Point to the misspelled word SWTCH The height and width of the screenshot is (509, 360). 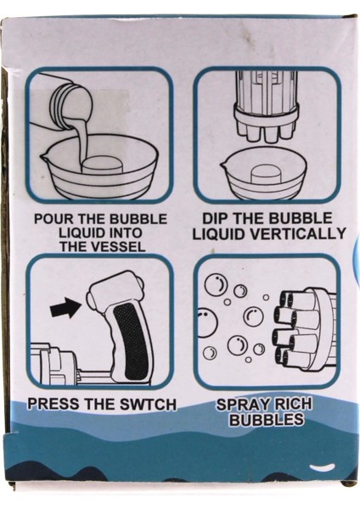point(148,404)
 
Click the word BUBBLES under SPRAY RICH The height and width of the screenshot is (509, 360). point(267,420)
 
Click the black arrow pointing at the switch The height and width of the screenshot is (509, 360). point(65,309)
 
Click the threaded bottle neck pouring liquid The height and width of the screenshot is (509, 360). point(61,103)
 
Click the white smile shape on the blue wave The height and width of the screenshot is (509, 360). point(322,467)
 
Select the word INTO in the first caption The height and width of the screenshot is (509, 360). point(126,233)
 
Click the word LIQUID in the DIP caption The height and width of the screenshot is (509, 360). point(218,233)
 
